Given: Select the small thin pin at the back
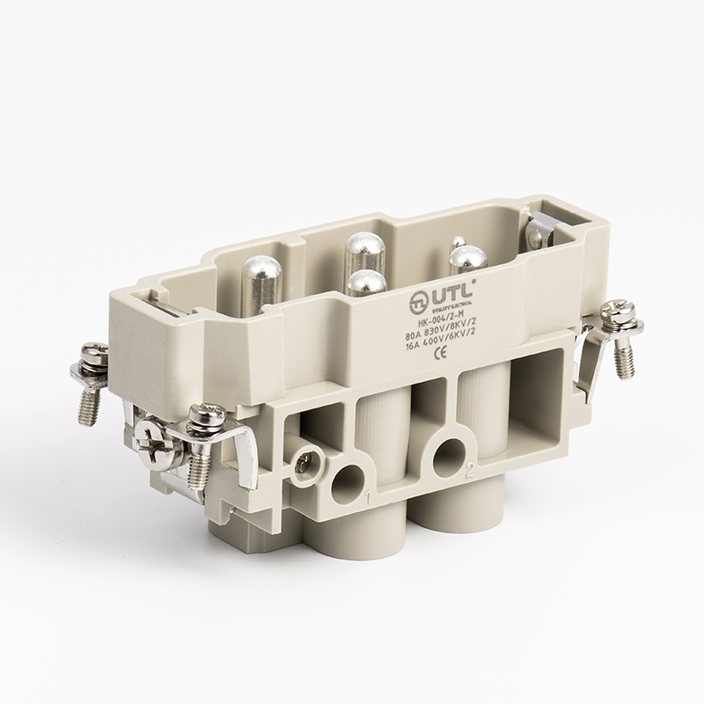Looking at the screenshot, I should click(x=457, y=242).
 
